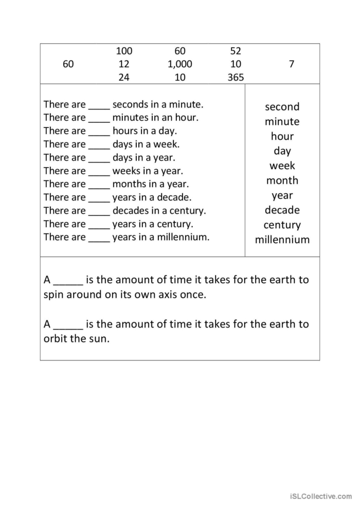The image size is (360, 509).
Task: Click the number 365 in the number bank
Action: pos(236,78)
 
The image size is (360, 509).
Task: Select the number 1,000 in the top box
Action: pos(180,64)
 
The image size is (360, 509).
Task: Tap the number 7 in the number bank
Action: pos(292,64)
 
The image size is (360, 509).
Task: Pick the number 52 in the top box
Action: pos(236,51)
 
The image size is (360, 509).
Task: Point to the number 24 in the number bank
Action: pos(124,78)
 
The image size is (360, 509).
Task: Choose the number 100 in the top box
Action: pos(124,51)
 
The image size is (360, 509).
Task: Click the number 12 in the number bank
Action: pos(124,64)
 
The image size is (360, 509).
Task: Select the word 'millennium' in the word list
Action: pos(282,240)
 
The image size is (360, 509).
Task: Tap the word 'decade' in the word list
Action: pos(282,210)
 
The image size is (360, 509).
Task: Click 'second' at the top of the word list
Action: pos(282,107)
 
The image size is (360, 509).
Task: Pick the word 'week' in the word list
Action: pos(282,166)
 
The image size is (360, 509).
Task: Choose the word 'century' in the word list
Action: pos(282,225)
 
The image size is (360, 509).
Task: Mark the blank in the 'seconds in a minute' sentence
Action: pos(99,106)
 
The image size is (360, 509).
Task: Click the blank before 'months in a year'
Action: pos(99,185)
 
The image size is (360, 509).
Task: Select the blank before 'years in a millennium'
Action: pos(99,239)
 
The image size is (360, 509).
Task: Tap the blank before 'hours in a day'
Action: pos(99,132)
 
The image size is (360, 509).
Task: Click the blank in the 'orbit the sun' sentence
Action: pos(68,325)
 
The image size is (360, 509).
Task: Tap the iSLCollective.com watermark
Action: pos(320,496)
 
